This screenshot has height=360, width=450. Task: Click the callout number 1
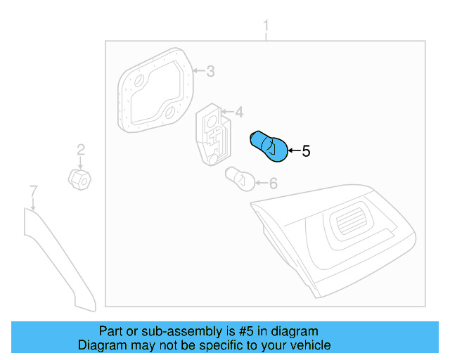click(266, 27)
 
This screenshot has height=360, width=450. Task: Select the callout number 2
click(81, 149)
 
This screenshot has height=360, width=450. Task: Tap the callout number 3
click(210, 71)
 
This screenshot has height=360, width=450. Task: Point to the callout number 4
click(239, 112)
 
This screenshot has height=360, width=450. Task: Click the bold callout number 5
click(306, 150)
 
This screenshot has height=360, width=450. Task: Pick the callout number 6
click(274, 184)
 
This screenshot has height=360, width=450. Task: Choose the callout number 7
click(32, 191)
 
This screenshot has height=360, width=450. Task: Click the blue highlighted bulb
click(269, 146)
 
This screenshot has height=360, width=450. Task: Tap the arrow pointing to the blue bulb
click(294, 150)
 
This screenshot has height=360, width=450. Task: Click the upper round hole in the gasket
click(139, 81)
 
